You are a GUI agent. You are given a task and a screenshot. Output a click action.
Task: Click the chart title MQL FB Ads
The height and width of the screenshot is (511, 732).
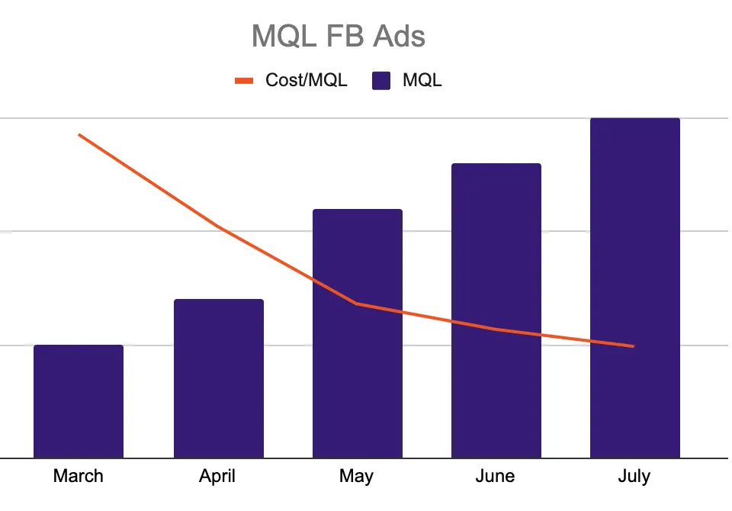[338, 36]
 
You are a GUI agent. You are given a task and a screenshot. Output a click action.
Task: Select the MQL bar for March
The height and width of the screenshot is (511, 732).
[79, 401]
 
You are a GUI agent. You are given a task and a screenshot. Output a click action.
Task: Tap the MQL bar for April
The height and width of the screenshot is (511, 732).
[218, 378]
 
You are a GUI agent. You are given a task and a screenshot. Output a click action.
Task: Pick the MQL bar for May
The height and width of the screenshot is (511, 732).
[357, 333]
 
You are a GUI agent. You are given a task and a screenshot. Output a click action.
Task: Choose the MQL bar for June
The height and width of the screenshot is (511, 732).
[496, 310]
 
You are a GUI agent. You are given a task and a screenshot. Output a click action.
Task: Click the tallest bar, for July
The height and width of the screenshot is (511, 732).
[634, 288]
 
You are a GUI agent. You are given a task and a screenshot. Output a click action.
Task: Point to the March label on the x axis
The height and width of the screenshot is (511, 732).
[79, 477]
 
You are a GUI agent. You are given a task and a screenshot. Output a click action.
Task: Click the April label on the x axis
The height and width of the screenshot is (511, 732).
[218, 477]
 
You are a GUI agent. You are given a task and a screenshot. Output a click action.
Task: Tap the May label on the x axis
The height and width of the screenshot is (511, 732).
[357, 477]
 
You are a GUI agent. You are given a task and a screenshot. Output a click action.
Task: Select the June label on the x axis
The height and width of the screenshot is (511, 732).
[496, 477]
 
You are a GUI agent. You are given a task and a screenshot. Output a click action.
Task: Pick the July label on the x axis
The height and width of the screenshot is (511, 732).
[634, 477]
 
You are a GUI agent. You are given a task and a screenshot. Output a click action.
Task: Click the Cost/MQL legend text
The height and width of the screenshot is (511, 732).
[306, 80]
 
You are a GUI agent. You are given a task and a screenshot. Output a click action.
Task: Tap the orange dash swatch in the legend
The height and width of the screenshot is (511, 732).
[243, 80]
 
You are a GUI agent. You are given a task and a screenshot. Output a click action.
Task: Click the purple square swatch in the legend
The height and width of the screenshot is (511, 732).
[381, 80]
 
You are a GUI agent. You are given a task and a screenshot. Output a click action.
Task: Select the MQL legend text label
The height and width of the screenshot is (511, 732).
[422, 80]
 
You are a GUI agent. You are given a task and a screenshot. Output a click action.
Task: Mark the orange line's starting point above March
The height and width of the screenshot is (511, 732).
[79, 135]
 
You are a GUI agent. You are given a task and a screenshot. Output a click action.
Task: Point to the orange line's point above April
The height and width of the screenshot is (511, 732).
[218, 226]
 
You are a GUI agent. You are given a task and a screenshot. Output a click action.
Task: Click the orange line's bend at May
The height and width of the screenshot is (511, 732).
[357, 304]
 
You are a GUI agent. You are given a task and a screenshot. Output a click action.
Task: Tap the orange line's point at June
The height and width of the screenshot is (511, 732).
[496, 329]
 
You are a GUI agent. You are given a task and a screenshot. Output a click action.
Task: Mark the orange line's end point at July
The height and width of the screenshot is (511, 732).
[634, 346]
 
